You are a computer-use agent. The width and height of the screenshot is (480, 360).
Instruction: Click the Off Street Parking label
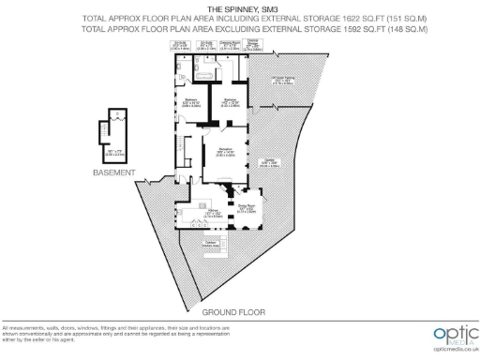click(x=282, y=79)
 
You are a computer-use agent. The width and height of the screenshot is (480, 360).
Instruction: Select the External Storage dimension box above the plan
click(x=249, y=45)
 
